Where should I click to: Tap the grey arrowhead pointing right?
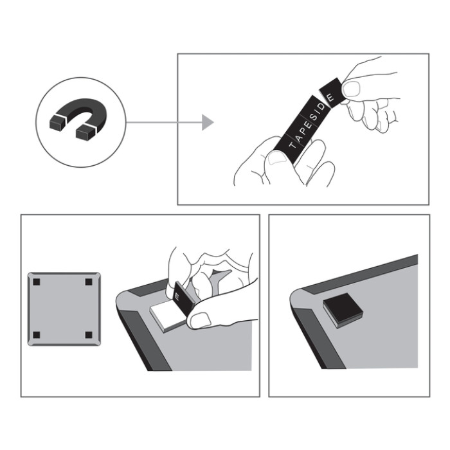pyautogui.click(x=207, y=122)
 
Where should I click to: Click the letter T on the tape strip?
pyautogui.click(x=292, y=145)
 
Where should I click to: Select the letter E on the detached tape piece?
pyautogui.click(x=330, y=97)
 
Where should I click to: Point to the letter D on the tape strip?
pyautogui.click(x=321, y=107)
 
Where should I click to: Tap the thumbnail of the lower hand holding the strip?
pyautogui.click(x=277, y=158)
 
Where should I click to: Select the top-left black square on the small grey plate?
pyautogui.click(x=37, y=282)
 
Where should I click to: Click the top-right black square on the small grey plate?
pyautogui.click(x=89, y=282)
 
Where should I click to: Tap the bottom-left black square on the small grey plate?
pyautogui.click(x=37, y=335)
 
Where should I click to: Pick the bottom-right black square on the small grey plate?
pyautogui.click(x=89, y=335)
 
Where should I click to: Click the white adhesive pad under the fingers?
pyautogui.click(x=166, y=316)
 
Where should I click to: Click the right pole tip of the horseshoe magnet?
pyautogui.click(x=85, y=132)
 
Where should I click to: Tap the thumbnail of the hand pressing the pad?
pyautogui.click(x=201, y=319)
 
